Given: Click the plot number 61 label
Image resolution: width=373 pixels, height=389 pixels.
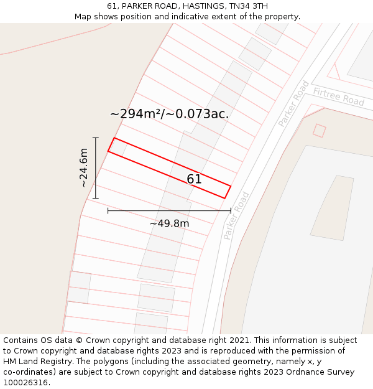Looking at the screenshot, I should [x=194, y=179].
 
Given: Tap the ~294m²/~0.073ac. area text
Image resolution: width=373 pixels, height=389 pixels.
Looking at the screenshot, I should [x=169, y=114].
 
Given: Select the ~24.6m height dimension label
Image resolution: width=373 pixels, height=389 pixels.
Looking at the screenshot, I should [x=83, y=167].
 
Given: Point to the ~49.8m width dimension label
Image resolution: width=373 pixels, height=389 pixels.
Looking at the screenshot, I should [x=169, y=223].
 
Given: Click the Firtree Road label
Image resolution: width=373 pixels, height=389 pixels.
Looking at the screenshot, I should [x=339, y=96].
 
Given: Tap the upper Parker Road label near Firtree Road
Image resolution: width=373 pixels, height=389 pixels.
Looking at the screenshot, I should [x=293, y=104].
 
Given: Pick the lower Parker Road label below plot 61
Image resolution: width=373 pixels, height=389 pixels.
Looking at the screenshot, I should [x=236, y=215].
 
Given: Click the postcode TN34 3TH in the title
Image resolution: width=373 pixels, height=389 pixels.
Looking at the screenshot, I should [x=248, y=6].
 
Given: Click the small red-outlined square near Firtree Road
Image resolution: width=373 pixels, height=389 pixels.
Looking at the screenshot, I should [x=319, y=131].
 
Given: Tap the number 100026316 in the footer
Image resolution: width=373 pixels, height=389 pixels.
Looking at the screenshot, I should [x=26, y=383].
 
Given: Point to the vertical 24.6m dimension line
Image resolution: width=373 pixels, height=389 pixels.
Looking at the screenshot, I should [x=96, y=168].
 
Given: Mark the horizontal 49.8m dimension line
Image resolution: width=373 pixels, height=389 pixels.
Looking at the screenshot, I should [x=169, y=210].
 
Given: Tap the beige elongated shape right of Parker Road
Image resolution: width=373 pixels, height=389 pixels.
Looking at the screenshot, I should [x=332, y=207].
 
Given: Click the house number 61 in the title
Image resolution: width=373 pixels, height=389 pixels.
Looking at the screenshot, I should [x=112, y=6].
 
